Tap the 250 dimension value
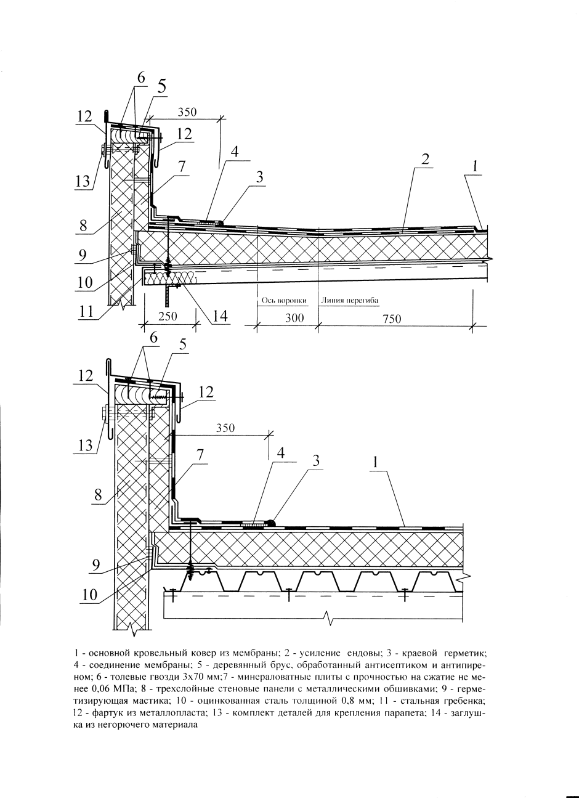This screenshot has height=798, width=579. (x=167, y=316)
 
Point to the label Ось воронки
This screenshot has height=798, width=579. (x=281, y=301)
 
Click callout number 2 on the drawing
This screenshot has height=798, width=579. (x=425, y=158)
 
